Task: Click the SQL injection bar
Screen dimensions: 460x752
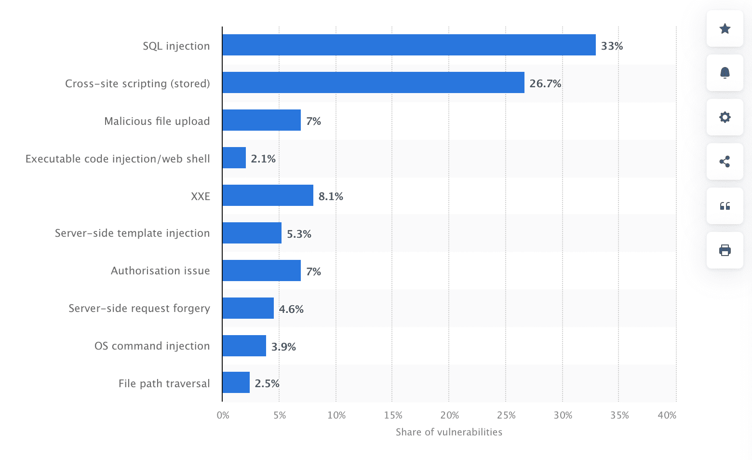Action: coord(409,45)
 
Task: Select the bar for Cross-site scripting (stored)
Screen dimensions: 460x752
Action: coord(373,82)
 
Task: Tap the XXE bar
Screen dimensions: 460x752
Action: coord(268,195)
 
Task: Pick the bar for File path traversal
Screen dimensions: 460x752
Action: coord(236,382)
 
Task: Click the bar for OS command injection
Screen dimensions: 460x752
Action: coord(244,346)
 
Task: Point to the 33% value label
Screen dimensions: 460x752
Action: coord(612,46)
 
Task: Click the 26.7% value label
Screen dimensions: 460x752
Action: coord(545,83)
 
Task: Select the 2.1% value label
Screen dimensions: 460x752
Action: coord(263,159)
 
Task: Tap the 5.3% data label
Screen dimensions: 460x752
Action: coord(299,234)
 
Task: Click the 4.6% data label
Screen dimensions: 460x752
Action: coord(291,309)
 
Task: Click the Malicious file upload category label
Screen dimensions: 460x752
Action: coord(157,121)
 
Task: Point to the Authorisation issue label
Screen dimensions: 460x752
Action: coord(161,271)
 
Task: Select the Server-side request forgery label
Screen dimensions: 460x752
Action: coord(139,308)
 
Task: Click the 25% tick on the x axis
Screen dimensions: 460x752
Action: coord(506,415)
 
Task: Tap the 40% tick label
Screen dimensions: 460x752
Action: coord(667,415)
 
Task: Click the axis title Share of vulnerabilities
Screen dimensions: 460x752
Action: coord(449,432)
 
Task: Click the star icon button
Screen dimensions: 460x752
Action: coord(725,28)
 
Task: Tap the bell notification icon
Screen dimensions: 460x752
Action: coord(725,73)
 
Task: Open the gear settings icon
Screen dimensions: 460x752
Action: coord(725,117)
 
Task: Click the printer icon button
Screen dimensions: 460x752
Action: coord(725,250)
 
